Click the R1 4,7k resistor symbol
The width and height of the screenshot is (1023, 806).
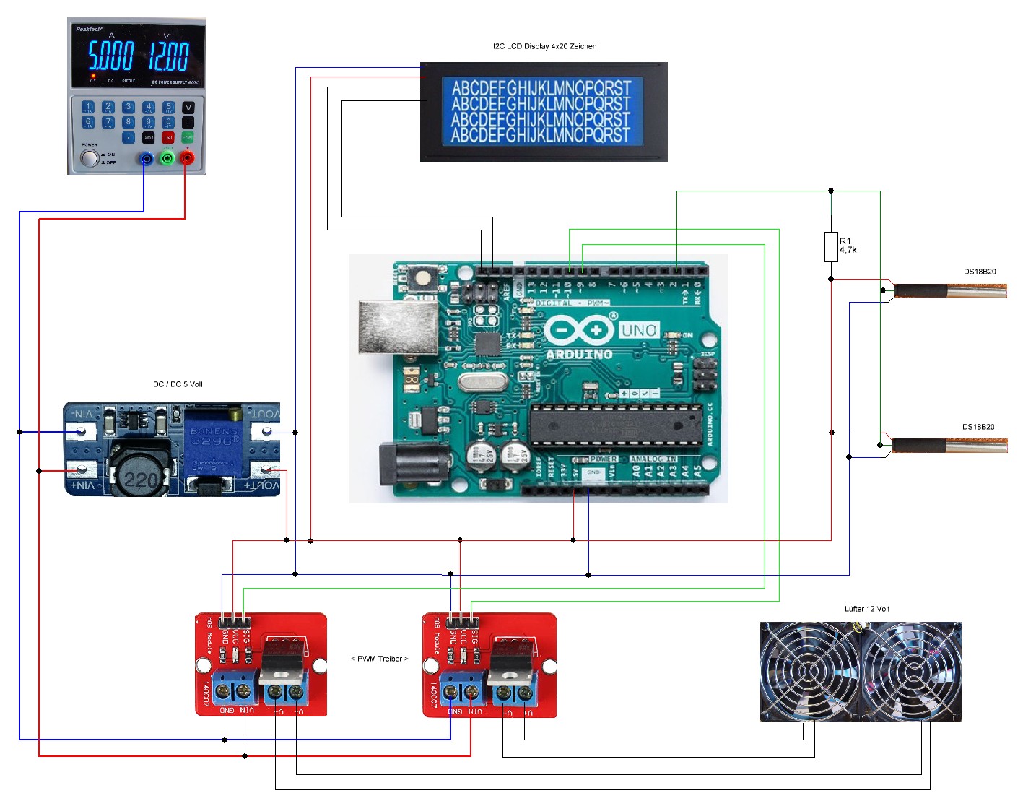pyautogui.click(x=831, y=247)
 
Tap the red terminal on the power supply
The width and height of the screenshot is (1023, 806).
pyautogui.click(x=187, y=157)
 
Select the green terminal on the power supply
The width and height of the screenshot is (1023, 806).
pyautogui.click(x=167, y=157)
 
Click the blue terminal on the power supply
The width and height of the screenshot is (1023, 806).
pyautogui.click(x=147, y=158)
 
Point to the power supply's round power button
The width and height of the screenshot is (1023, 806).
pyautogui.click(x=90, y=158)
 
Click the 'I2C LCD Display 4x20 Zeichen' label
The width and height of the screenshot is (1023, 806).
pyautogui.click(x=544, y=46)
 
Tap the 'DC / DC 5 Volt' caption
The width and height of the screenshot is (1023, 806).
pyautogui.click(x=178, y=384)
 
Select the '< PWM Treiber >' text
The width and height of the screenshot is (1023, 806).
pyautogui.click(x=379, y=659)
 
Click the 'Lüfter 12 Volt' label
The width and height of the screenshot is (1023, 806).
pyautogui.click(x=867, y=609)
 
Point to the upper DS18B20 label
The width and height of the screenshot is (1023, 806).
pyautogui.click(x=980, y=272)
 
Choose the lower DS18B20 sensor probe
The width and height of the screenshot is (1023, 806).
pyautogui.click(x=949, y=446)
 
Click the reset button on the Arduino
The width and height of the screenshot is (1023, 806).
pyautogui.click(x=422, y=277)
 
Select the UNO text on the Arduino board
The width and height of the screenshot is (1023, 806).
pyautogui.click(x=639, y=331)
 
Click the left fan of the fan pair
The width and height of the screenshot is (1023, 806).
pyautogui.click(x=810, y=672)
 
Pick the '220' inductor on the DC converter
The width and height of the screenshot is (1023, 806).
pyautogui.click(x=142, y=476)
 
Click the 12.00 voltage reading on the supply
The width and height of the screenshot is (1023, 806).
pyautogui.click(x=169, y=56)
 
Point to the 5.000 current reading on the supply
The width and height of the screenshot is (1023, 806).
pyautogui.click(x=110, y=56)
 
